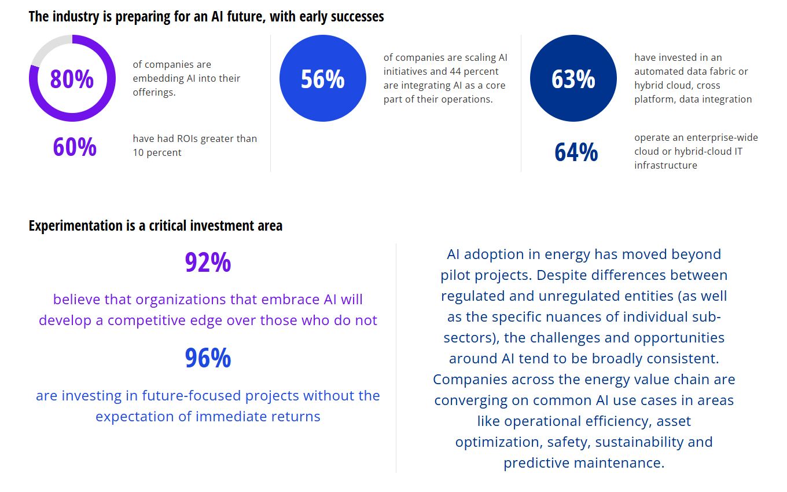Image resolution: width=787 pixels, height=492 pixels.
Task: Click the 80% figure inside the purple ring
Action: (72, 79)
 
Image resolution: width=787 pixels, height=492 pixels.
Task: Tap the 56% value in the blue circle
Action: (322, 79)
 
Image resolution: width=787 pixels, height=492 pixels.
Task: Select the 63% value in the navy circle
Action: (573, 79)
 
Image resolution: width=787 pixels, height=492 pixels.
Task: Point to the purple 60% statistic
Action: (75, 147)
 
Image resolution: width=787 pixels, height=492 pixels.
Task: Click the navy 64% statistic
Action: (576, 152)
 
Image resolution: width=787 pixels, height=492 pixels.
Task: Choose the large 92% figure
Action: (208, 263)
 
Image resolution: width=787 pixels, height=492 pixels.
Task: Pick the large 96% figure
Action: (208, 358)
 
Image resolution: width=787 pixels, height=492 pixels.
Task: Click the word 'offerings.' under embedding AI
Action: (154, 92)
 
